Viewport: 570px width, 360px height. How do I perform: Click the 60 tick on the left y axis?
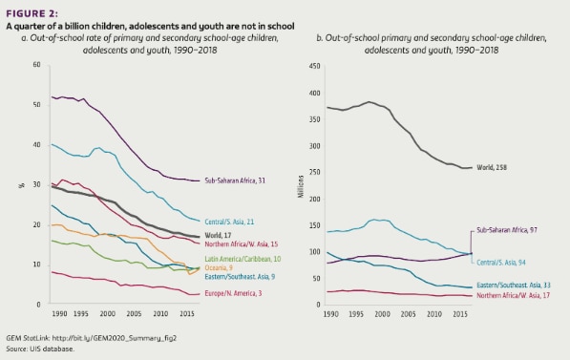pyautogui.click(x=36, y=65)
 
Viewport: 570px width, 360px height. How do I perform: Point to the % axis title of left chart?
pyautogui.click(x=21, y=184)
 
